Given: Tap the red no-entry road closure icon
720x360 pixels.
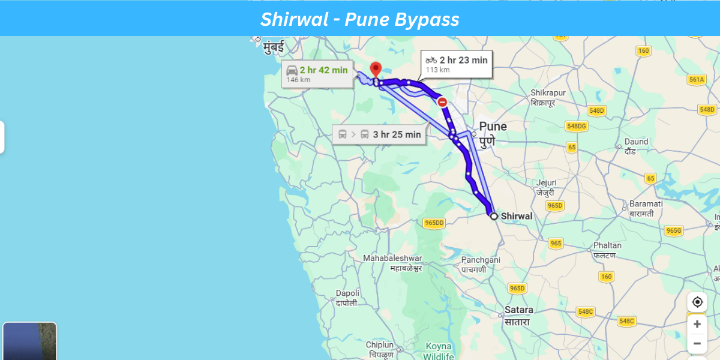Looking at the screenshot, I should point(442,102).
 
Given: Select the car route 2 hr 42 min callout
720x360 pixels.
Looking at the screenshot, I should point(317,74).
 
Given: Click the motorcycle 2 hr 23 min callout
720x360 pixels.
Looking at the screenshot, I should point(457,64).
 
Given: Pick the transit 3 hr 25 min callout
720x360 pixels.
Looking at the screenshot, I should point(380,134).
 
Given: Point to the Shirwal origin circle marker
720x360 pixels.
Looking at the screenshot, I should point(493,216).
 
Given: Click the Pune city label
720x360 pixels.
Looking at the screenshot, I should point(493,127).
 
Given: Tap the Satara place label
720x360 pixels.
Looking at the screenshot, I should point(518,310).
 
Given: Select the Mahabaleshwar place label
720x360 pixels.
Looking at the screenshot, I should point(392,259).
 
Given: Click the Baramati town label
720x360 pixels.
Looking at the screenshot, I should point(646,204).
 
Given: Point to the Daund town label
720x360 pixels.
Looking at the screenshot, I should point(637,142).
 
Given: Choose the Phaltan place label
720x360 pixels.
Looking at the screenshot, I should point(607,245).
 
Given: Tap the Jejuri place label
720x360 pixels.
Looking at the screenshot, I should point(546,183).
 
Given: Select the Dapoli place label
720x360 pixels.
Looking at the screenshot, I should point(347,293).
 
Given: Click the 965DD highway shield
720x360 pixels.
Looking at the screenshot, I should point(434,223).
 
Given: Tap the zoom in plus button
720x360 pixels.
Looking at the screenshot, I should point(697,324).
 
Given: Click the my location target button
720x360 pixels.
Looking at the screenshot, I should point(697,302).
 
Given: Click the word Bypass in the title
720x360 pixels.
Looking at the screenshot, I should point(427,19).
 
